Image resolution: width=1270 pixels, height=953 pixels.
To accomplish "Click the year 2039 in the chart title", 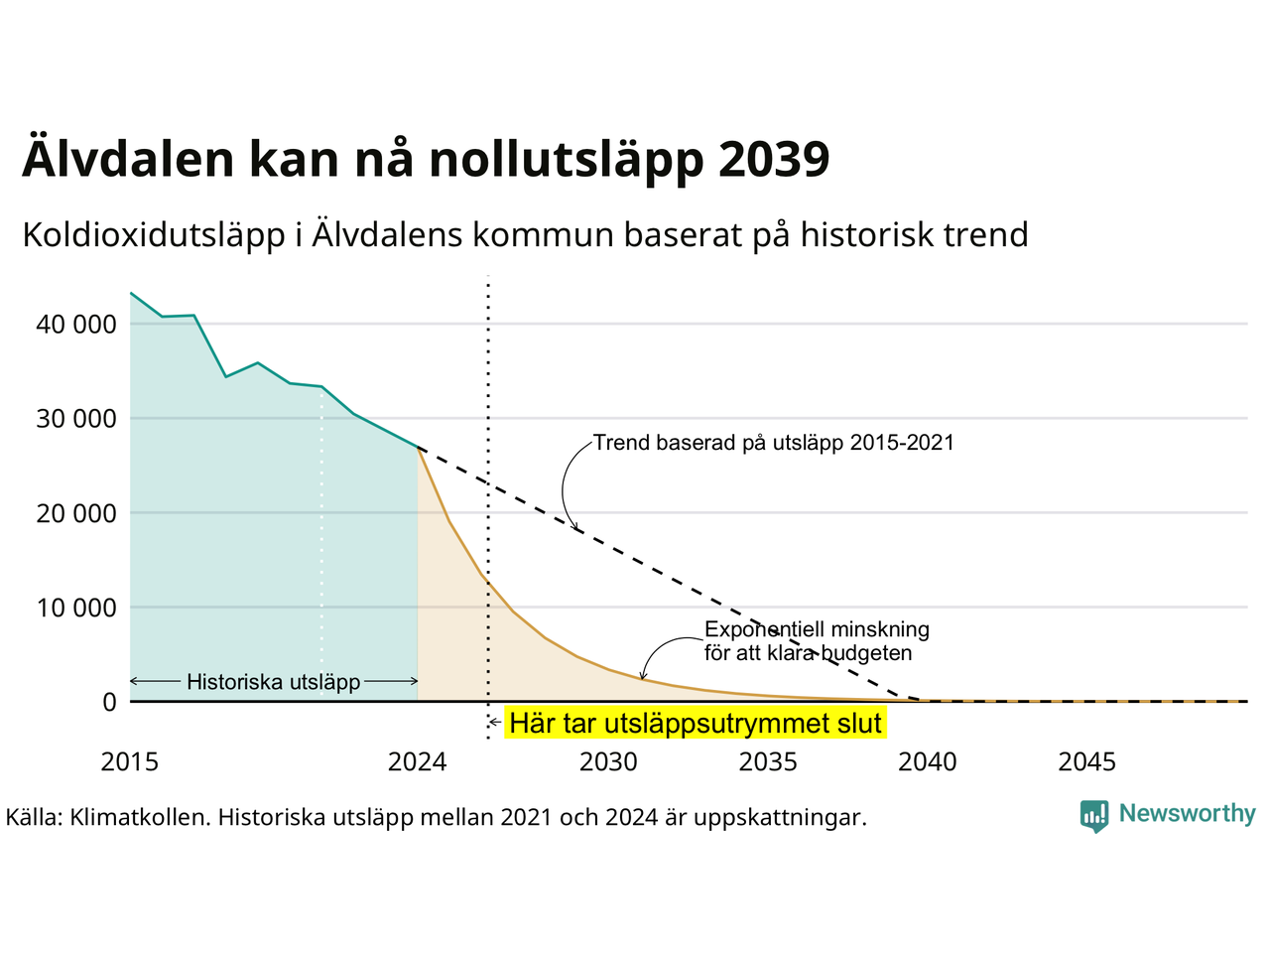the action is [774, 159].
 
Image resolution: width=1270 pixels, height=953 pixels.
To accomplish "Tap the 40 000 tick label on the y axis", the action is [76, 325].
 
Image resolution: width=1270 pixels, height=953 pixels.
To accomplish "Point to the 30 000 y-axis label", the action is [76, 419].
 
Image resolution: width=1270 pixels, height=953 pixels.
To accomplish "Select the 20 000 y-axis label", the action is [76, 514].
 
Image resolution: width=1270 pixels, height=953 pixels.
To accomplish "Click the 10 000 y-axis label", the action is [76, 609].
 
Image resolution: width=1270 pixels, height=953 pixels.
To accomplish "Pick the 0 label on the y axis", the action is [109, 703].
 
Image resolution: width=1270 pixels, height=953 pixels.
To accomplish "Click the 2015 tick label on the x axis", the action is [130, 762].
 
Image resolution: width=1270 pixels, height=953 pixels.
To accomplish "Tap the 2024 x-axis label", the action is [417, 762].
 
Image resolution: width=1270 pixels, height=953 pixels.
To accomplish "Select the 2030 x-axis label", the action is [608, 762].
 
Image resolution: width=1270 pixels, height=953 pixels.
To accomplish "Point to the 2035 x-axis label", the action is [768, 762].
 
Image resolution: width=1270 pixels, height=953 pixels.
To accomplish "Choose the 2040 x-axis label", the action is [928, 762].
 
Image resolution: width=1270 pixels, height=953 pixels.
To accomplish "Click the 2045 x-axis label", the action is [1087, 762].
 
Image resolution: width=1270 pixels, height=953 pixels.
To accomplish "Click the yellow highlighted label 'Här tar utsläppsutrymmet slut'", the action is [696, 724].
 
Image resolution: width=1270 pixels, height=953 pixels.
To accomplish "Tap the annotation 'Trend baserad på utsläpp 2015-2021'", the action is [774, 443].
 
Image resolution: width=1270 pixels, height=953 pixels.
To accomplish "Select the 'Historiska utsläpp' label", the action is [274, 682].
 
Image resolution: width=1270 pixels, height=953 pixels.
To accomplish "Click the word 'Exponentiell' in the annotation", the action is [760, 629].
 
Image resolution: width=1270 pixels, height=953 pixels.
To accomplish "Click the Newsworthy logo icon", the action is [1094, 816].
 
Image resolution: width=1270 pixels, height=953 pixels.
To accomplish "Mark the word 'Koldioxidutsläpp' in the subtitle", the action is [154, 235].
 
